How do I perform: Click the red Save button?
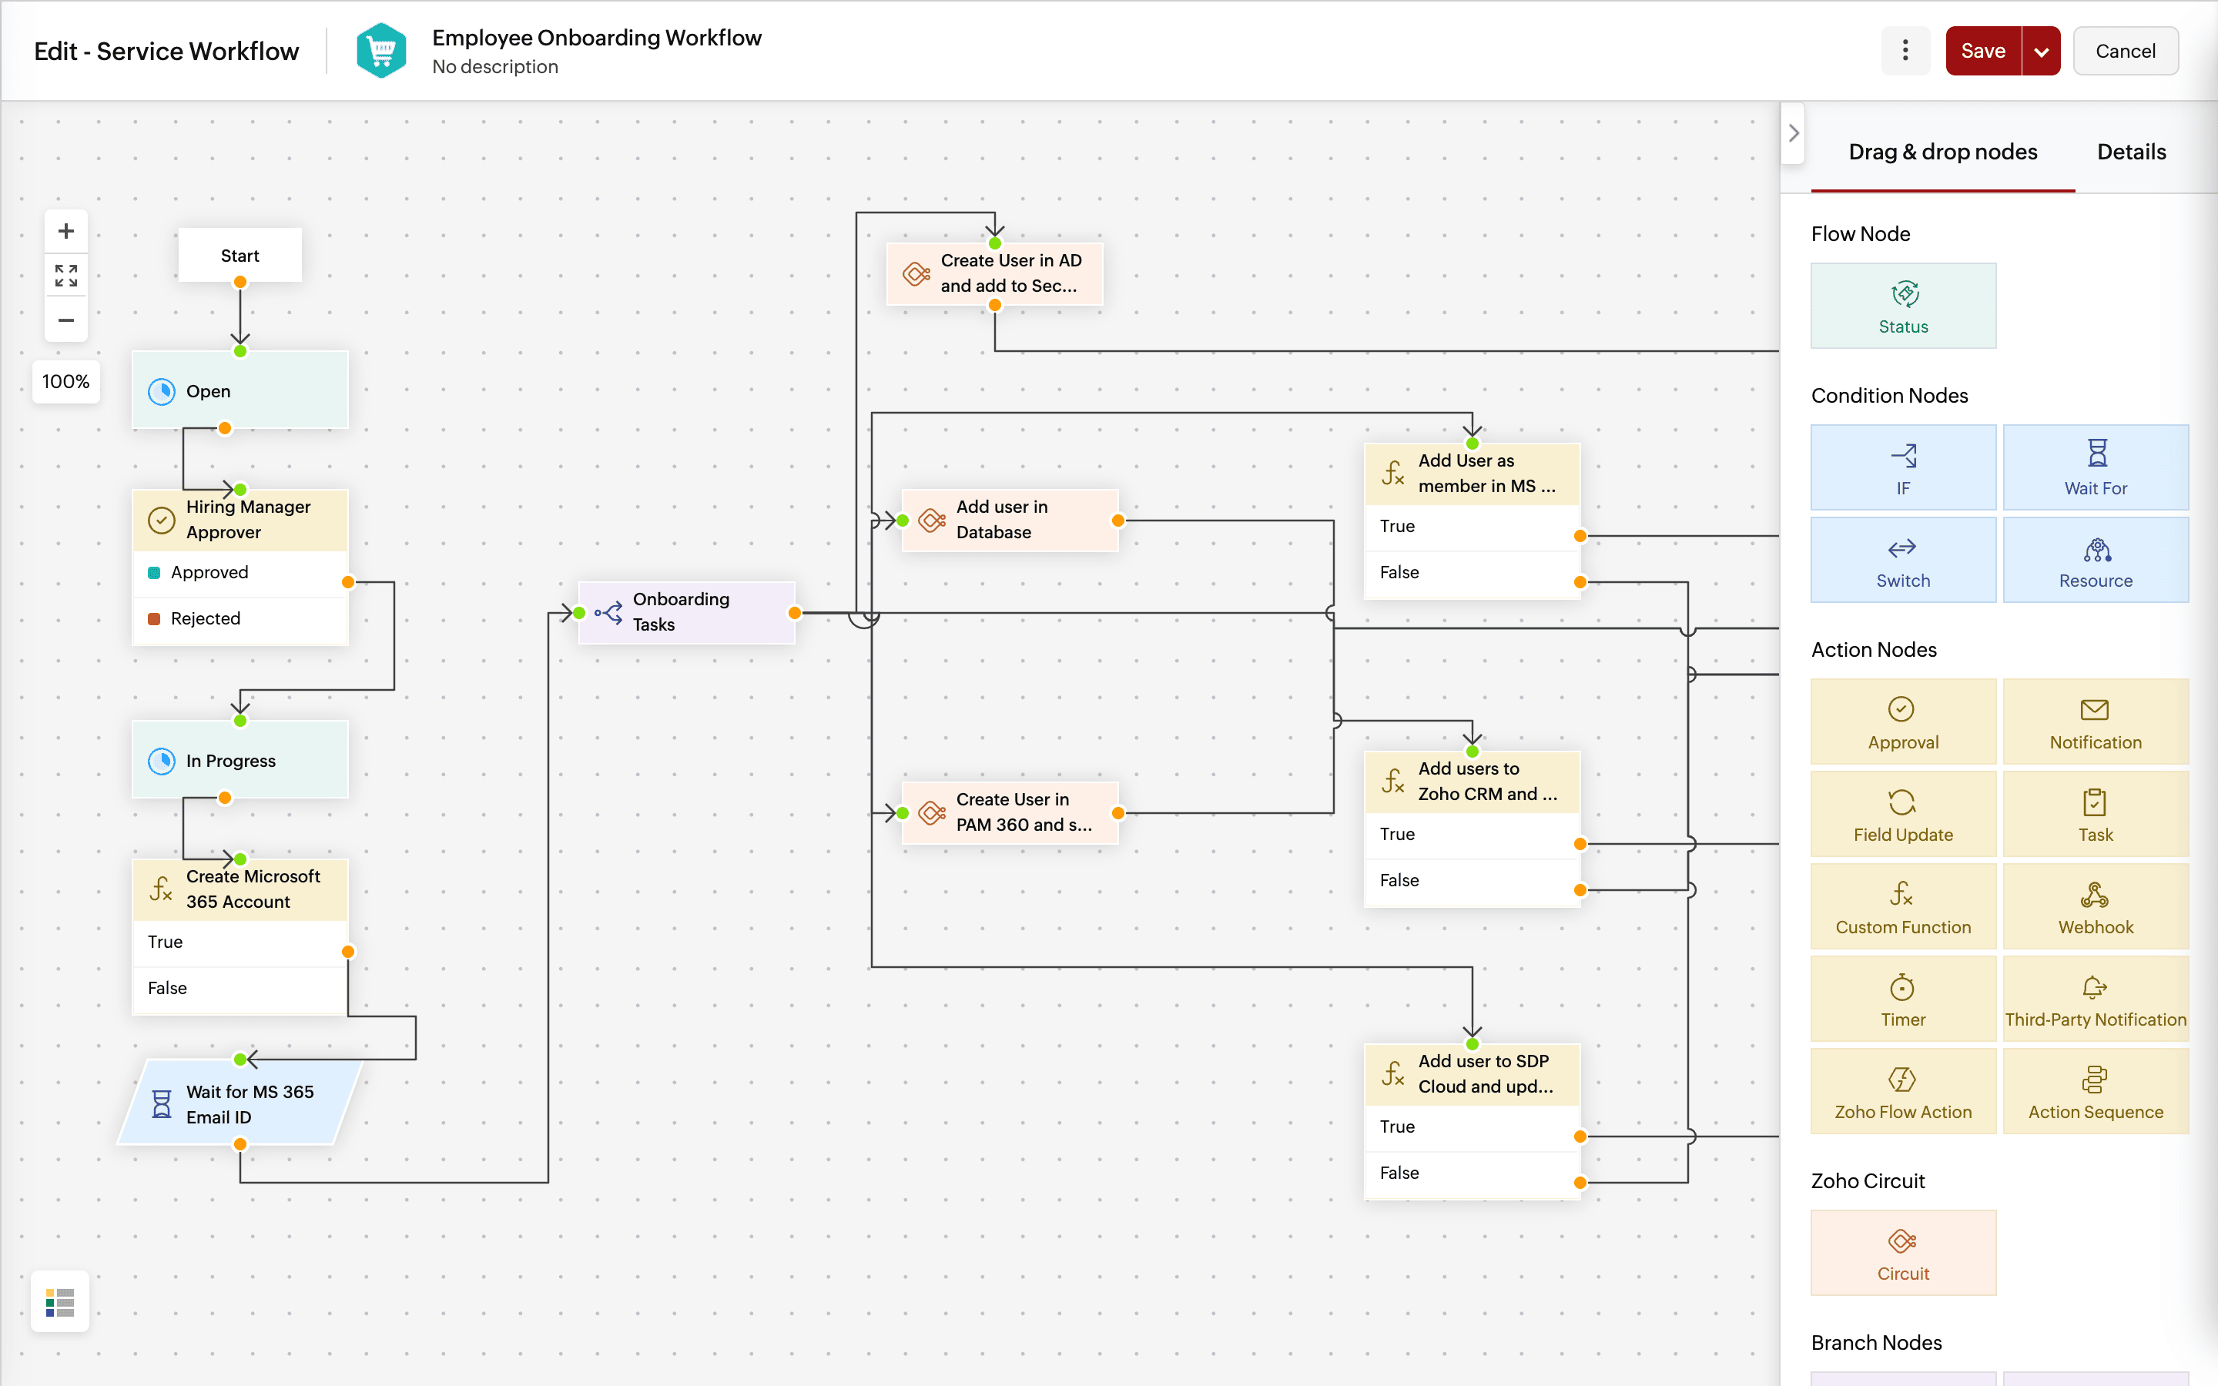1982,52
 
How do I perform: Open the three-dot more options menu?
1905,52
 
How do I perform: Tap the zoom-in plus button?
66,231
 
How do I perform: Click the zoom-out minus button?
66,320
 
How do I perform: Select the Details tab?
2130,152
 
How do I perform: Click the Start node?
240,256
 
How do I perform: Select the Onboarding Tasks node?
685,611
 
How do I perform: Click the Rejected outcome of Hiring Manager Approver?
206,619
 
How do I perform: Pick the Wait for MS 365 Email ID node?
240,1103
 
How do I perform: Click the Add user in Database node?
1009,520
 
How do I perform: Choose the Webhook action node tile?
2096,906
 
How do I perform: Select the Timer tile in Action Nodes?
1903,999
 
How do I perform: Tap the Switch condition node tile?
1903,560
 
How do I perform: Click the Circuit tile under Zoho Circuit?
1903,1253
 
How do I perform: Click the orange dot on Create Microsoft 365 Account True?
348,952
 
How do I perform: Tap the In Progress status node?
240,760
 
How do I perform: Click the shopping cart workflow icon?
381,52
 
